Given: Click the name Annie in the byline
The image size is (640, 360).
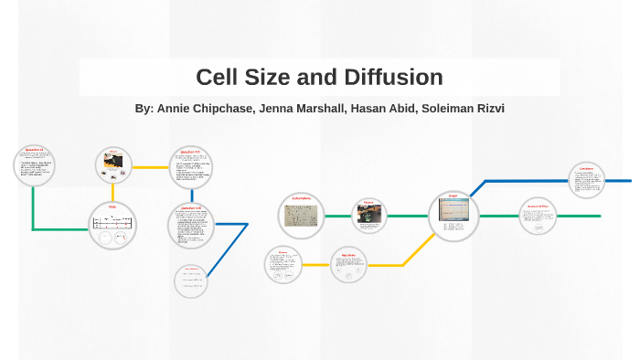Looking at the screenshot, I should pyautogui.click(x=176, y=108).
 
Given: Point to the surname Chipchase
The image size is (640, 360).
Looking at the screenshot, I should pyautogui.click(x=226, y=108).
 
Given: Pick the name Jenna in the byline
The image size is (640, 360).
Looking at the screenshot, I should pyautogui.click(x=276, y=108).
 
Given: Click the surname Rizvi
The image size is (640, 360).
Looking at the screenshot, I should pyautogui.click(x=486, y=108).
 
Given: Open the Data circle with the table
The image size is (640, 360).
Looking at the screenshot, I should pyautogui.click(x=113, y=225).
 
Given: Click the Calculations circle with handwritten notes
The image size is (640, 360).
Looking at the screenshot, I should pyautogui.click(x=302, y=215).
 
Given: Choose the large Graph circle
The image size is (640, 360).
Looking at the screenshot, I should pyautogui.click(x=453, y=216).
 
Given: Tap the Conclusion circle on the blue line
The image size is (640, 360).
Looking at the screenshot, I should pyautogui.click(x=586, y=180).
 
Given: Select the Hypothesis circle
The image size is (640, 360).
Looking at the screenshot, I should pyautogui.click(x=347, y=264).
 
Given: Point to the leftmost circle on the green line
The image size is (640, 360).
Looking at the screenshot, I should pyautogui.click(x=34, y=165).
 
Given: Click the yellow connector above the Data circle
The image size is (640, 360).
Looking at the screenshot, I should pyautogui.click(x=113, y=192).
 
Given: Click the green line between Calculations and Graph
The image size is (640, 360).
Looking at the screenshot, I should pyautogui.click(x=408, y=217).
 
